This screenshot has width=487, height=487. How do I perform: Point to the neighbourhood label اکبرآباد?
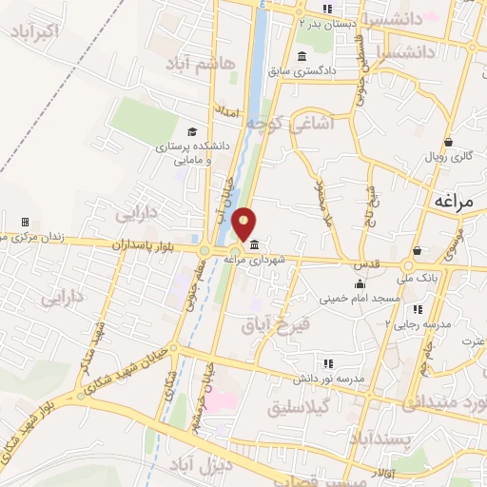(35, 34)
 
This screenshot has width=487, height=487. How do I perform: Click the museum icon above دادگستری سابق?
(302, 54)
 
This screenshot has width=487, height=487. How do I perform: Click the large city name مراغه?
(458, 201)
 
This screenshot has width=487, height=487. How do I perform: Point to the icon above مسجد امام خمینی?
(360, 284)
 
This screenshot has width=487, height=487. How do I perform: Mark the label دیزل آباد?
(200, 466)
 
